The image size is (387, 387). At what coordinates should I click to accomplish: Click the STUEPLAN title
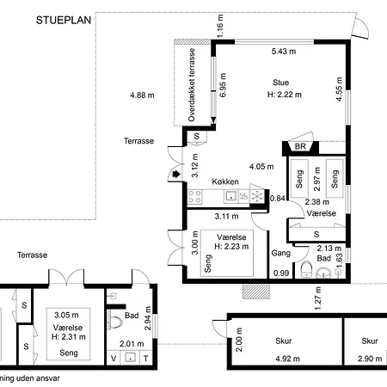click(64, 20)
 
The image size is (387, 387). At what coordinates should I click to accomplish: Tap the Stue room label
click(280, 83)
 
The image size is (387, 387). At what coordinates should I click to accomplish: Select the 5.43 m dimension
click(284, 52)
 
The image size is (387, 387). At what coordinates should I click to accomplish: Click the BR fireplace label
click(300, 146)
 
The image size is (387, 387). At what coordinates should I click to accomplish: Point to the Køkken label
click(225, 181)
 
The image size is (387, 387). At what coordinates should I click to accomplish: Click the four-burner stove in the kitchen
click(194, 197)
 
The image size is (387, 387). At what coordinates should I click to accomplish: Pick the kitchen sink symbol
click(230, 196)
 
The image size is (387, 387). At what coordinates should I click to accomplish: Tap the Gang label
click(280, 253)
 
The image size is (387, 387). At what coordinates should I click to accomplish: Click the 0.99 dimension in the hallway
click(281, 273)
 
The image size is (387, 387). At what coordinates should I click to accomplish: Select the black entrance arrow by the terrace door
click(176, 174)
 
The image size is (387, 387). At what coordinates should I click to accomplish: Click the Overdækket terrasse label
click(192, 85)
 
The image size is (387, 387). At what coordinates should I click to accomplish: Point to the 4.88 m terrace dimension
click(142, 95)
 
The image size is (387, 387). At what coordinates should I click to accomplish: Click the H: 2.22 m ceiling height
click(285, 95)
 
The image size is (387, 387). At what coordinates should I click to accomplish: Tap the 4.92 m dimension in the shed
click(287, 359)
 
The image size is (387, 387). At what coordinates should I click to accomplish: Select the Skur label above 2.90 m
click(370, 341)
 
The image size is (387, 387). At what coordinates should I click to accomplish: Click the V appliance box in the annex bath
click(114, 358)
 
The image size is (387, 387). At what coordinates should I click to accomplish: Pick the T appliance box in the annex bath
click(146, 358)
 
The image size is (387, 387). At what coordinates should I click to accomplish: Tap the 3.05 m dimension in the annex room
click(66, 315)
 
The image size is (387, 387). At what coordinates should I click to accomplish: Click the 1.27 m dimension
click(318, 298)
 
